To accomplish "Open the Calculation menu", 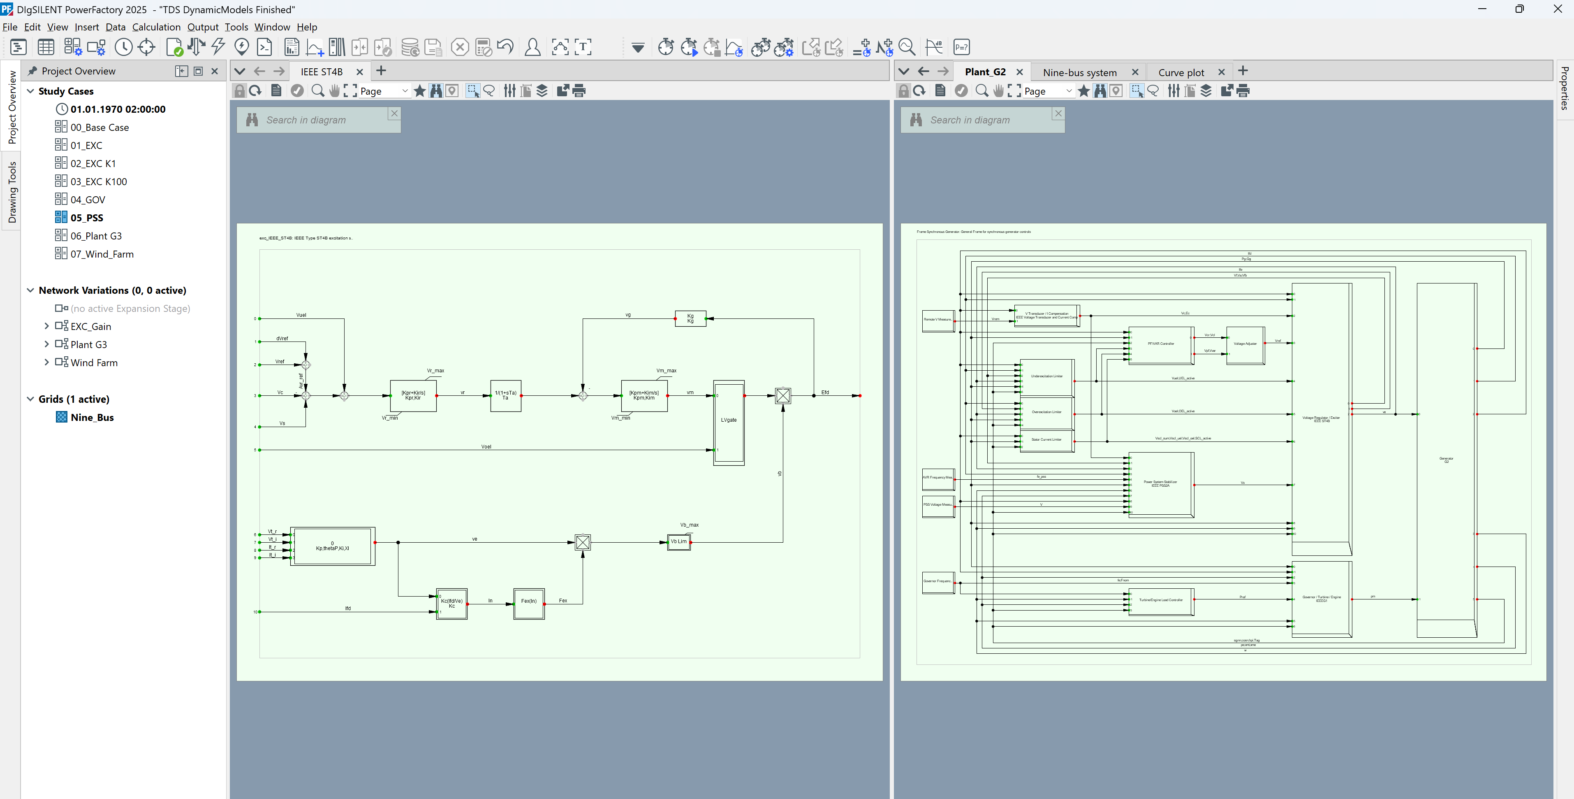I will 156,27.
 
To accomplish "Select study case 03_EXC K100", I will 98,181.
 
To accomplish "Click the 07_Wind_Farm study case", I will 102,254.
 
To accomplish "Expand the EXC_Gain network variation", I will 46,326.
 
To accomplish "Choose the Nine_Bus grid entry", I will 92,418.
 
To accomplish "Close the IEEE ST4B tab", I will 359,72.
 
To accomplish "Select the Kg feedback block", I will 690,318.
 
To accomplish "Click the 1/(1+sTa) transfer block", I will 505,395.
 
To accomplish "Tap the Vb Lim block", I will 678,541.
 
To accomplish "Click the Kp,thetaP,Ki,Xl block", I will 332,546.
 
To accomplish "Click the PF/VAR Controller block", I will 1160,345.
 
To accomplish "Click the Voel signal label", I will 486,447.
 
